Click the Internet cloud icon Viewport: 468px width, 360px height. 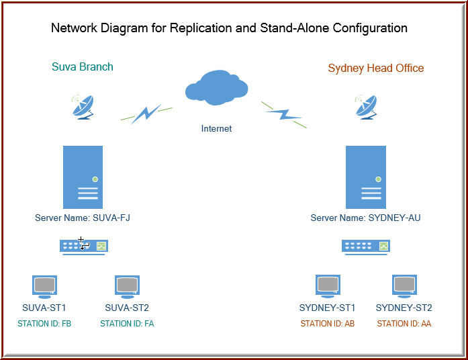(216, 87)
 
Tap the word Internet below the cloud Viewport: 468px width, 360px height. (216, 129)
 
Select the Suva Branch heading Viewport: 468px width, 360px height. (83, 67)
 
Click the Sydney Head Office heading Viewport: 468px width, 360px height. (376, 69)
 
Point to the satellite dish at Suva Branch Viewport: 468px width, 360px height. (83, 107)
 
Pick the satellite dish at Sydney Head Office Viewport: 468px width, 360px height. (366, 107)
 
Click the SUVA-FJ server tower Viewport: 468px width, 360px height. (83, 177)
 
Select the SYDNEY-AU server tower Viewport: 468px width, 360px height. (366, 177)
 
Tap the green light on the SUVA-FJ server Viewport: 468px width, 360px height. (95, 179)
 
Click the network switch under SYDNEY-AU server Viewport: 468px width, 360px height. (366, 247)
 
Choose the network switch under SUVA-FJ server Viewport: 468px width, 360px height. (84, 247)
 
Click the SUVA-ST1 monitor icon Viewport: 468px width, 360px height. (44, 287)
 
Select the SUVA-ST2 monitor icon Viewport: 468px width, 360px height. (127, 287)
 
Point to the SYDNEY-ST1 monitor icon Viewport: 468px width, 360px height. (328, 286)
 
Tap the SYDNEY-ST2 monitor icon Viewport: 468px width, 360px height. (404, 286)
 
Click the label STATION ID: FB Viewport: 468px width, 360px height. (44, 324)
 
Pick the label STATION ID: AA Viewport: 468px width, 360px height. (404, 324)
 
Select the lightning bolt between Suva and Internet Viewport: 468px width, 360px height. (146, 113)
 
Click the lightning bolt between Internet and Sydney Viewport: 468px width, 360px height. (284, 115)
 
